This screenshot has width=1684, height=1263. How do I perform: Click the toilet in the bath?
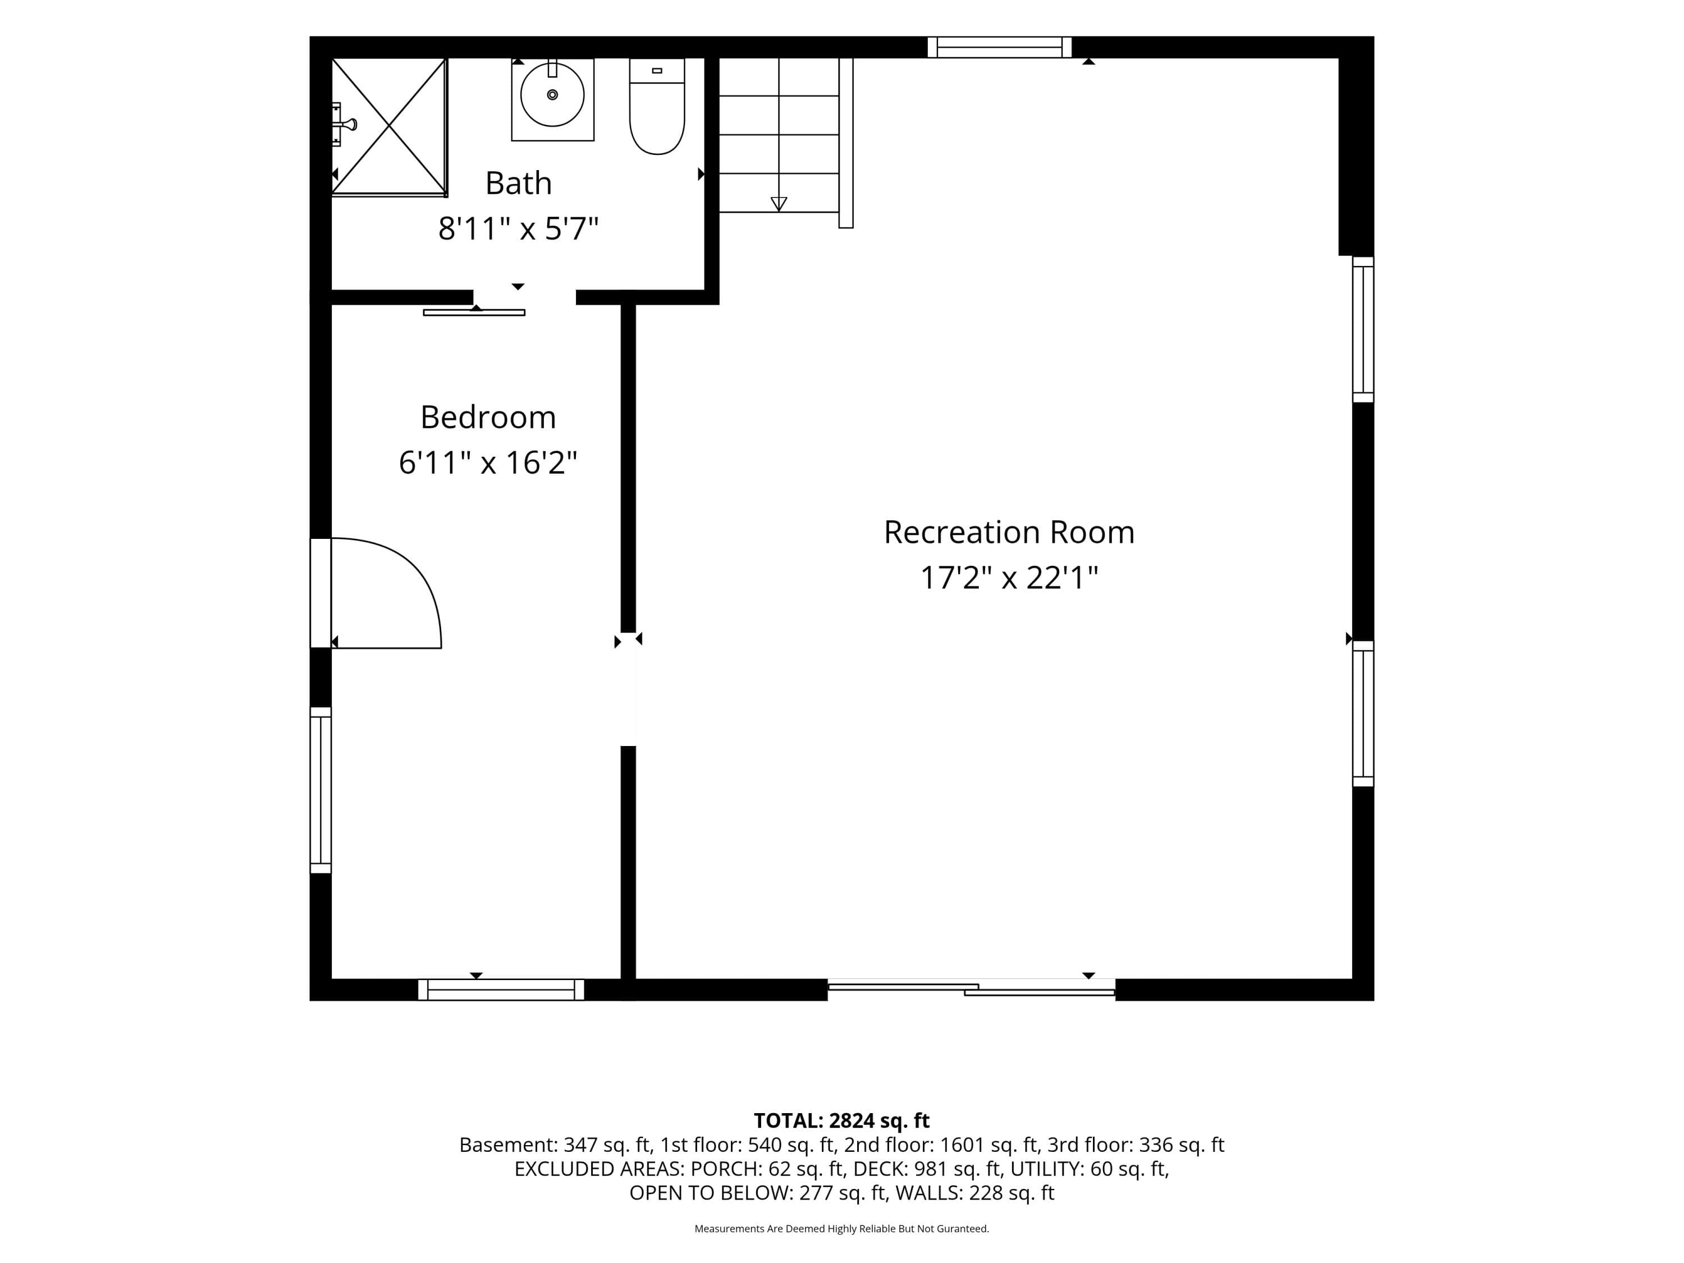point(657,106)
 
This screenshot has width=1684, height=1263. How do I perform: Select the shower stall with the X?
point(389,126)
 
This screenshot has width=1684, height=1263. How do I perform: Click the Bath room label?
point(519,182)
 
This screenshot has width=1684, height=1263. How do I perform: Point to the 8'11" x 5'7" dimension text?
point(519,228)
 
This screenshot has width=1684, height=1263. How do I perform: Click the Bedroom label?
point(488,417)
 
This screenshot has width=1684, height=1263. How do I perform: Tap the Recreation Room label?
point(1009,532)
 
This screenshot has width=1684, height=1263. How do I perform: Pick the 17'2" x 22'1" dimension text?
point(1009,578)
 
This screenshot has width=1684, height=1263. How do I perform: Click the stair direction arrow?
point(779,204)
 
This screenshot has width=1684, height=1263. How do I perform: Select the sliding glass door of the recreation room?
point(972,987)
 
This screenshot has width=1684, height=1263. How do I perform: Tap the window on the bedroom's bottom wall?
point(501,990)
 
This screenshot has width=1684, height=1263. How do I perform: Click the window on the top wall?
point(1000,47)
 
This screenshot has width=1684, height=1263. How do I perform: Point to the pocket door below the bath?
point(474,312)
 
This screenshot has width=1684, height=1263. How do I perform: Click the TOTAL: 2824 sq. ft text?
point(841,1120)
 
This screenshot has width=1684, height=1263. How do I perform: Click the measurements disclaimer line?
point(841,1229)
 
